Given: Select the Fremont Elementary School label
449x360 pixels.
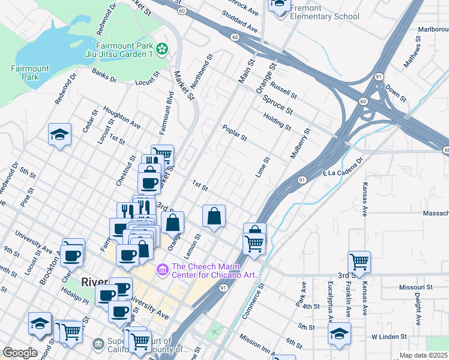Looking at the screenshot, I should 324,13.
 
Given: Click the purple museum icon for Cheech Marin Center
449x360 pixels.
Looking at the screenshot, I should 161,271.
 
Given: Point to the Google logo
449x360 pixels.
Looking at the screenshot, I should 20,353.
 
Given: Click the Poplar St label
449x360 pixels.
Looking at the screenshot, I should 235,133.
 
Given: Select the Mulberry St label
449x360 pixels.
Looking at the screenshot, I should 300,143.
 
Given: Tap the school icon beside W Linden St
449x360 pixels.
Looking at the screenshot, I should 339,333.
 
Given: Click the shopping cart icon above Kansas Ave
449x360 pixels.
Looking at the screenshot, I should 359,262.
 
